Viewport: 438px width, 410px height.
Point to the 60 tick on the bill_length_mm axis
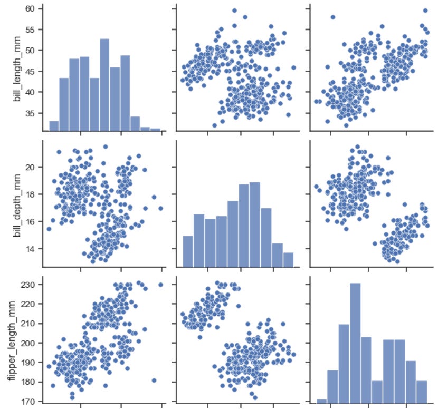pos(31,9)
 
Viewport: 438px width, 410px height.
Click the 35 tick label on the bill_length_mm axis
pos(31,113)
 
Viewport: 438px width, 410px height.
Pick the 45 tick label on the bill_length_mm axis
pos(31,71)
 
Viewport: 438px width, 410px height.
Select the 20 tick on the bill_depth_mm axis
pos(31,167)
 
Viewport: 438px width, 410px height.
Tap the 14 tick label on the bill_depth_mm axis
pos(31,249)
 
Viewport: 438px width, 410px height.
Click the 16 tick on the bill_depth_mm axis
pos(31,221)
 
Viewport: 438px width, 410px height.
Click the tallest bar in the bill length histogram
pos(104,84)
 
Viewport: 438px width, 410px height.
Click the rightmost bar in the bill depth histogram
pos(288,260)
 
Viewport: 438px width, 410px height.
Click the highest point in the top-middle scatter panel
pos(234,11)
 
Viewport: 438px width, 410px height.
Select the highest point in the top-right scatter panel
pos(425,11)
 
